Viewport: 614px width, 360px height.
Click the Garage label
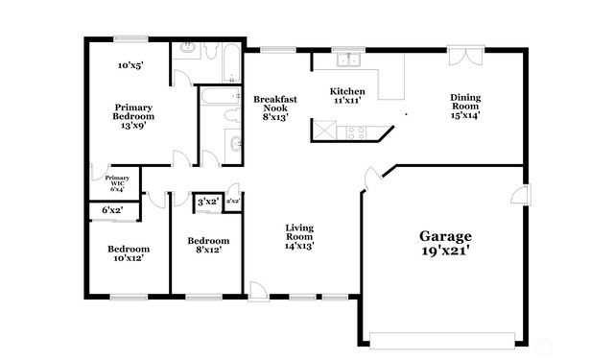pos(445,235)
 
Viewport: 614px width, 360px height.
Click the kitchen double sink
pos(346,60)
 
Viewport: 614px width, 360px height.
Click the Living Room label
pos(299,235)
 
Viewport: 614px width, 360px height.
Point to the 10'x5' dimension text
pos(130,66)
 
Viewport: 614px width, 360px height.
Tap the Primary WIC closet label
pos(117,182)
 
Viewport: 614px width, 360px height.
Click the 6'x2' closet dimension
pos(113,210)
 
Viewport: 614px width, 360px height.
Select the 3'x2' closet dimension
pos(207,202)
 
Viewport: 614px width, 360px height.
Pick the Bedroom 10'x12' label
pos(128,252)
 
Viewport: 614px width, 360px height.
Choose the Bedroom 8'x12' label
pos(208,245)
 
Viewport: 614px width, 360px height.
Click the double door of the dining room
pos(464,56)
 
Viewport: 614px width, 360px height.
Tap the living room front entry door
pos(256,290)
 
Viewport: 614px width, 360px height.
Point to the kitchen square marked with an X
pos(327,130)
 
